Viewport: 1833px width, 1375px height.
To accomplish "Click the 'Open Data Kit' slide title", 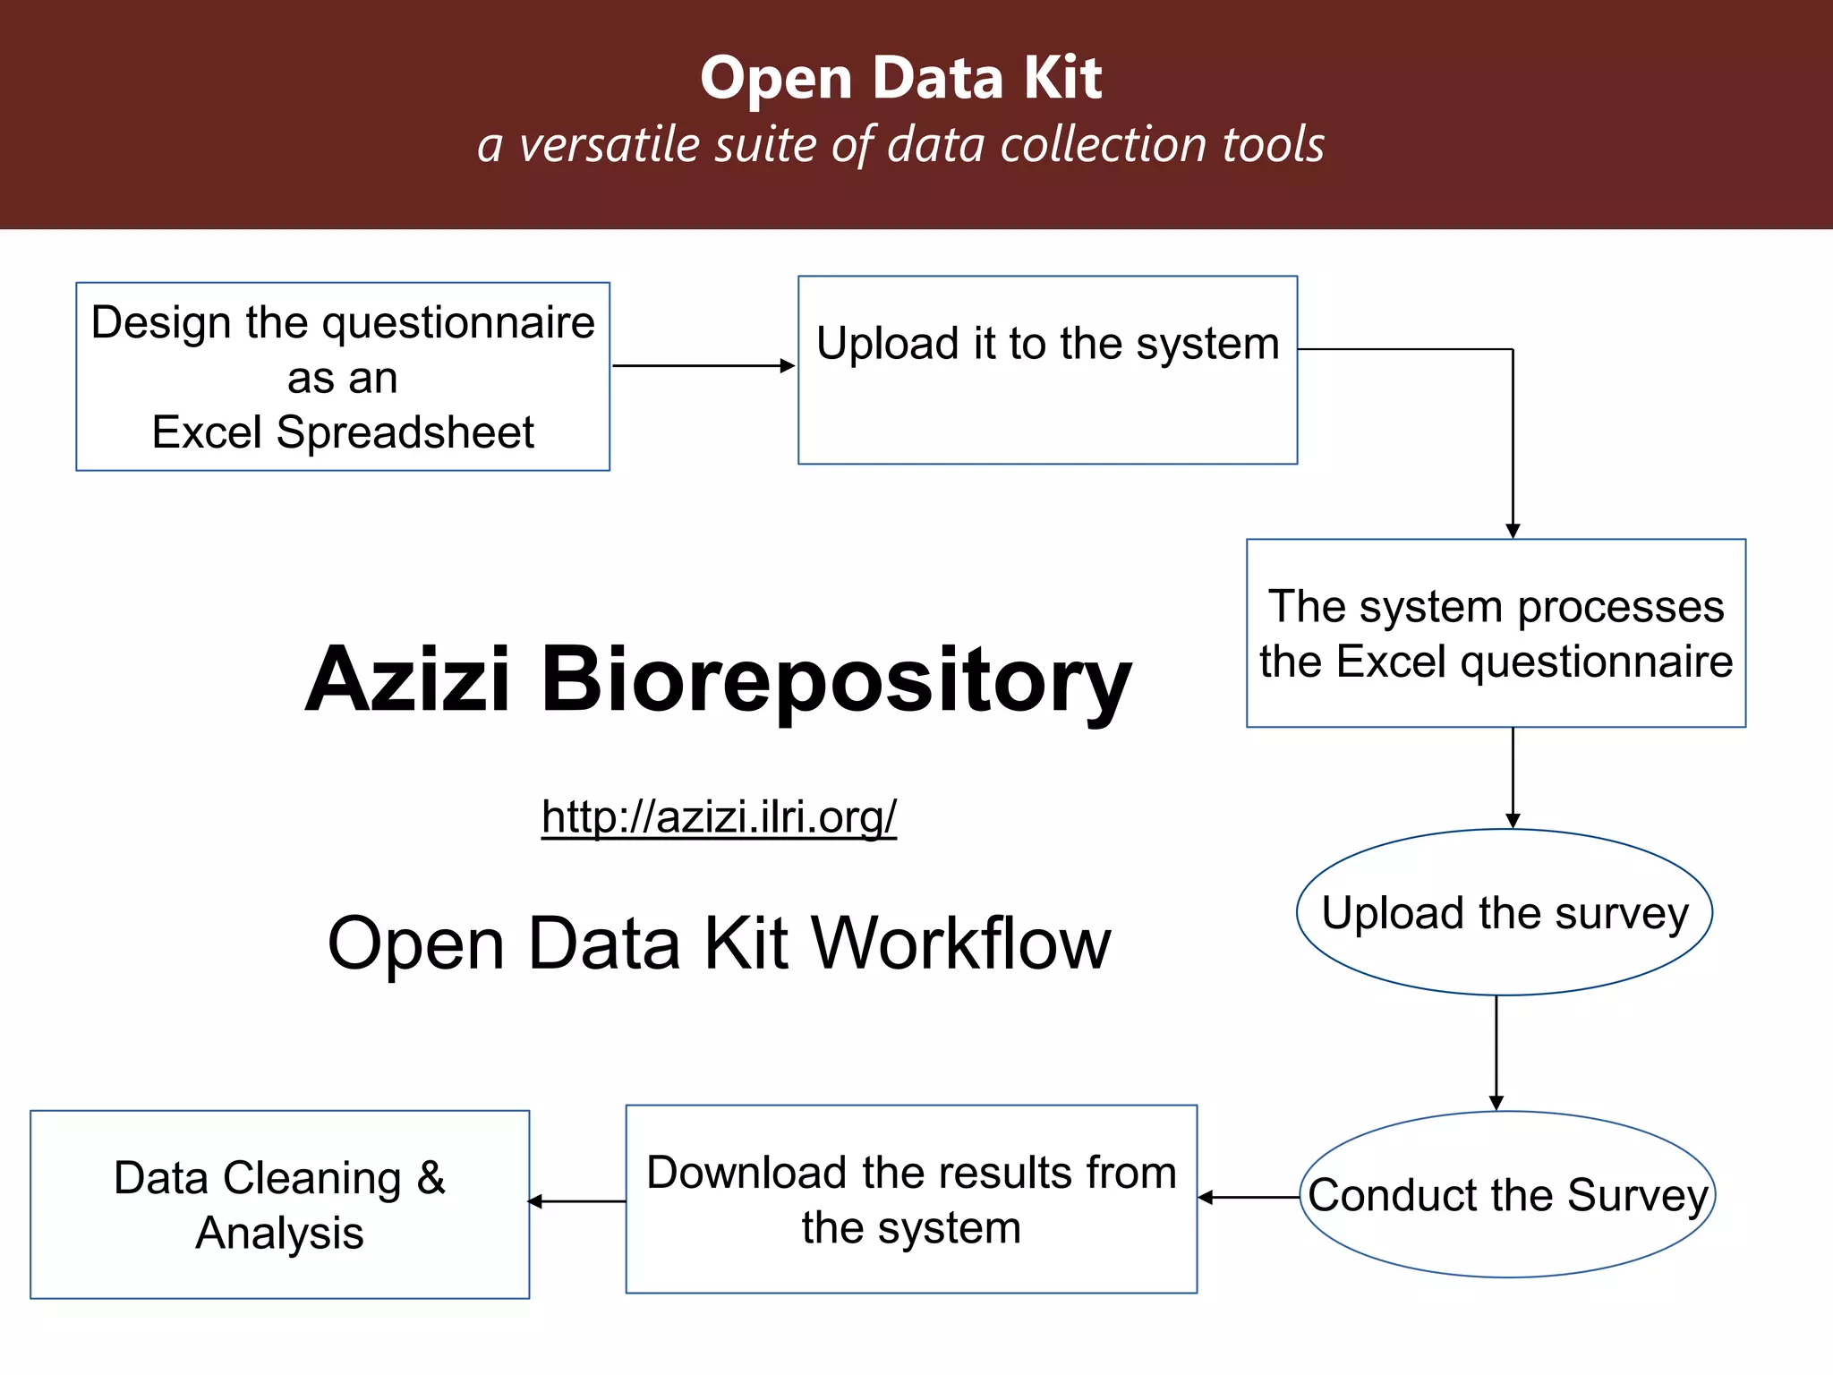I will coord(900,78).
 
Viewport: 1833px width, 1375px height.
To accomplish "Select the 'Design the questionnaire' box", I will coord(343,376).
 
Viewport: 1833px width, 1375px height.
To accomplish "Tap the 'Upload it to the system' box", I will coord(1047,370).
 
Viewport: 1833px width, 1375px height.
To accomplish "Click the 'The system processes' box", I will coord(1496,633).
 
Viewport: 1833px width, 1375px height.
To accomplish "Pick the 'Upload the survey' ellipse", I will coord(1505,912).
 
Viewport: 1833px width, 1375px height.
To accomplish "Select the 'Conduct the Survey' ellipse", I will coord(1507,1194).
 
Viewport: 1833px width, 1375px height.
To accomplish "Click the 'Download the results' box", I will coord(911,1199).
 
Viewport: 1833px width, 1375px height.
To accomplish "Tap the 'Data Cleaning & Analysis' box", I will coord(279,1204).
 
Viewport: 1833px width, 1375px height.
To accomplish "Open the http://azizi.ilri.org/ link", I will coord(719,816).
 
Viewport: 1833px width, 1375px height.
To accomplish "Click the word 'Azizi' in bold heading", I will coord(407,679).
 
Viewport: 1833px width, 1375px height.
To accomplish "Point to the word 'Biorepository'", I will coord(836,679).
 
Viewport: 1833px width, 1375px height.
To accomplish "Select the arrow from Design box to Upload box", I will coord(703,365).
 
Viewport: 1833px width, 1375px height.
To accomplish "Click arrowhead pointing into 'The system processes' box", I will coord(1513,531).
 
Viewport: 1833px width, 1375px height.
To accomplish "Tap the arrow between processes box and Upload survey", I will coord(1513,777).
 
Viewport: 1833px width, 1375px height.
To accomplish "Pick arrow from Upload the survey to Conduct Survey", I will coord(1496,1052).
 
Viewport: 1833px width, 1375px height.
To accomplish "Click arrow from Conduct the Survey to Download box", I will coord(1249,1197).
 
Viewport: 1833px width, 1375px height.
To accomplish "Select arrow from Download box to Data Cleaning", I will coord(577,1201).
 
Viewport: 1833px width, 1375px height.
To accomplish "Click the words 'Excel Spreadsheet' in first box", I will coord(343,432).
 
